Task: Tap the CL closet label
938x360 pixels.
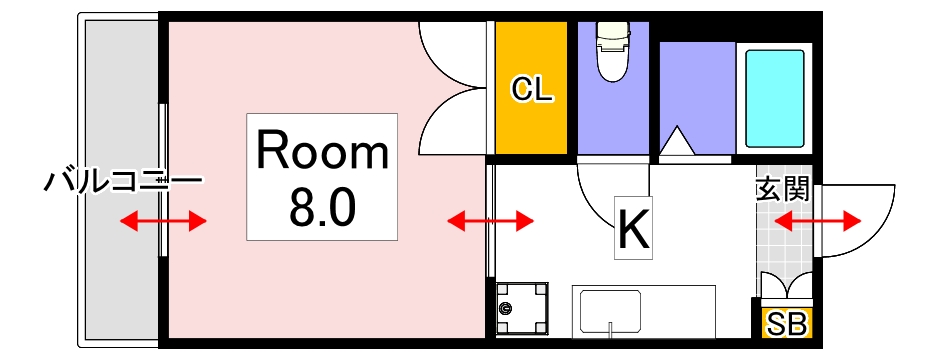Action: point(532,90)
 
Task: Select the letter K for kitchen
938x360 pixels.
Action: point(634,231)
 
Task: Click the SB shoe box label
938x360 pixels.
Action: point(788,324)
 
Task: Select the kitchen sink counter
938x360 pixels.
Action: point(643,311)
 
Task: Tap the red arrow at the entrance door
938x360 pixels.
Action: point(818,220)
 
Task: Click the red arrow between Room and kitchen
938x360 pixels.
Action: point(490,220)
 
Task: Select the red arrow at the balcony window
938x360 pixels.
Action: point(163,220)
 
